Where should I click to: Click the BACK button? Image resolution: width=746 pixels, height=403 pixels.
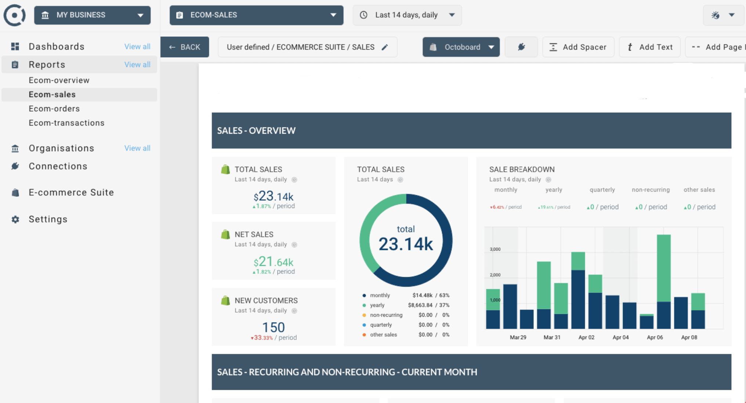tap(185, 47)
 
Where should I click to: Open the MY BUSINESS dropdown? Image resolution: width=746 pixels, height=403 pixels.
tap(92, 15)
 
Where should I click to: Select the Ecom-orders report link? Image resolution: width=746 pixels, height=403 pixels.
tap(54, 109)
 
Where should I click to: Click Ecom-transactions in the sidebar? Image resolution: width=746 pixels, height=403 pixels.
tap(66, 123)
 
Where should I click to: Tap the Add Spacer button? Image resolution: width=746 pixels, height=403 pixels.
tap(578, 47)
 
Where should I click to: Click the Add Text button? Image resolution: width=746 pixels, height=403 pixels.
tap(649, 47)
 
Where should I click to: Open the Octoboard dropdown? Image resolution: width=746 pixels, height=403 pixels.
tap(461, 47)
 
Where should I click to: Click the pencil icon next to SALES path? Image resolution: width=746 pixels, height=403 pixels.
tap(385, 47)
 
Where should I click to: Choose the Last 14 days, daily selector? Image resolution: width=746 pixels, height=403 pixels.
tap(407, 15)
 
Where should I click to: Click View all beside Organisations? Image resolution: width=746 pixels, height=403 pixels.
tap(137, 148)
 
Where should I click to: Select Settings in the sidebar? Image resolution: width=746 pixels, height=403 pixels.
tap(48, 219)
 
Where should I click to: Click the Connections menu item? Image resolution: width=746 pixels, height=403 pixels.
tap(58, 166)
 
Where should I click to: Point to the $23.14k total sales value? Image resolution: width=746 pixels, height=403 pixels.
tap(274, 196)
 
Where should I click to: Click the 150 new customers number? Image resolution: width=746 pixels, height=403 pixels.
tap(274, 327)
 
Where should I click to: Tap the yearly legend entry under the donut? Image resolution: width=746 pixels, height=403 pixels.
tap(377, 305)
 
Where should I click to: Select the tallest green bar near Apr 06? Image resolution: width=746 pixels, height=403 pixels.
tap(664, 268)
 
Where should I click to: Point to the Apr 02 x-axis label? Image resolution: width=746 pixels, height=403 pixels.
tap(586, 337)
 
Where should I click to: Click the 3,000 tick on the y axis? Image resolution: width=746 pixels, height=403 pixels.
tap(495, 249)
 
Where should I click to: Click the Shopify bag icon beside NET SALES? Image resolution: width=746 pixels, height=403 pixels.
tap(225, 234)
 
